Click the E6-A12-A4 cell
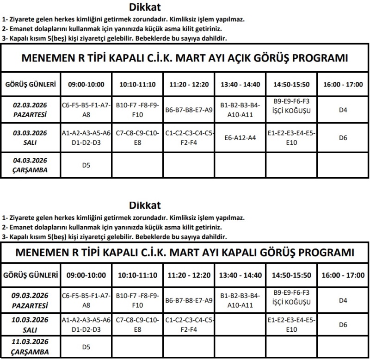pyautogui.click(x=240, y=137)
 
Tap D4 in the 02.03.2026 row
pyautogui.click(x=343, y=110)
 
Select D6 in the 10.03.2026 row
pyautogui.click(x=343, y=325)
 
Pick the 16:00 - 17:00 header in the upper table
pyautogui.click(x=343, y=85)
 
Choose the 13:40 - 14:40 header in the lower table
pyautogui.click(x=240, y=275)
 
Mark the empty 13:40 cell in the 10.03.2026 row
pyautogui.click(x=240, y=325)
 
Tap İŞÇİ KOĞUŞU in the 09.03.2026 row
pyautogui.click(x=291, y=304)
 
